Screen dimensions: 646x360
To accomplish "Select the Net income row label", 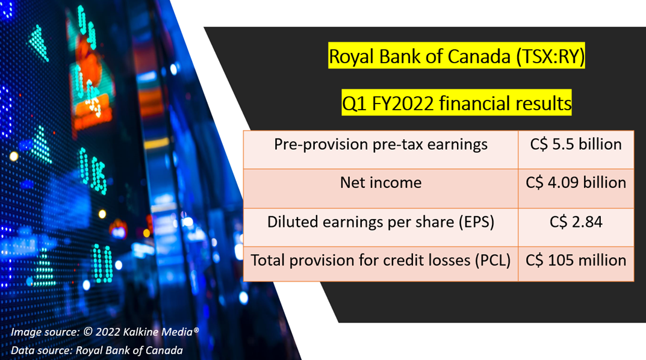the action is (380, 182).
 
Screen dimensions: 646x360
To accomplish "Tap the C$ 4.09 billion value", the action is (576, 182).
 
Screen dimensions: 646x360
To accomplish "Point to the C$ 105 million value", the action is (576, 260).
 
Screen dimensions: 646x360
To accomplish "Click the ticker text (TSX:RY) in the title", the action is (550, 57).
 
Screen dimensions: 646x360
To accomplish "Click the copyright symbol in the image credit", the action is (88, 332).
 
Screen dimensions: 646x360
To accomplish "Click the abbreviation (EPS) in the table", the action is (476, 222).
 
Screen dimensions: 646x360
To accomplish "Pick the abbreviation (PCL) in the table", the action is (492, 261).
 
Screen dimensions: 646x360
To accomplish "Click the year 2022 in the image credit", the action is (108, 332).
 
